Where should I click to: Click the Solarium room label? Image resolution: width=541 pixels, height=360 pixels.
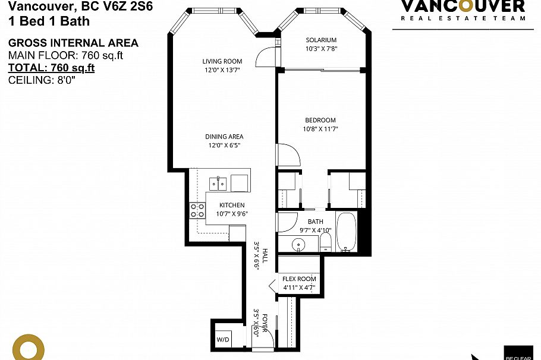pos(321,40)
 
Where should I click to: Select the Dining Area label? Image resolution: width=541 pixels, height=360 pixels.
pos(224,137)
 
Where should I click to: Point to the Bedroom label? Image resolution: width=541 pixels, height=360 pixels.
pos(321,120)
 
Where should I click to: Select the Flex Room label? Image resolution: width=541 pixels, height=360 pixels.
pos(300,279)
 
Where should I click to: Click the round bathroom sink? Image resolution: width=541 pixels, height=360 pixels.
pos(299,244)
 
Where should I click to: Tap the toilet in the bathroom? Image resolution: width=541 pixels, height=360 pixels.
pos(325,241)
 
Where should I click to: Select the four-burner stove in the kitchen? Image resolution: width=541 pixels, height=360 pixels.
pos(197,211)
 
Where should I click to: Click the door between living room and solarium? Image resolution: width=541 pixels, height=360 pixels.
pos(263,56)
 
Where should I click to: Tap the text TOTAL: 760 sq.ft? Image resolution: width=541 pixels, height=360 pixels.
pos(51,68)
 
